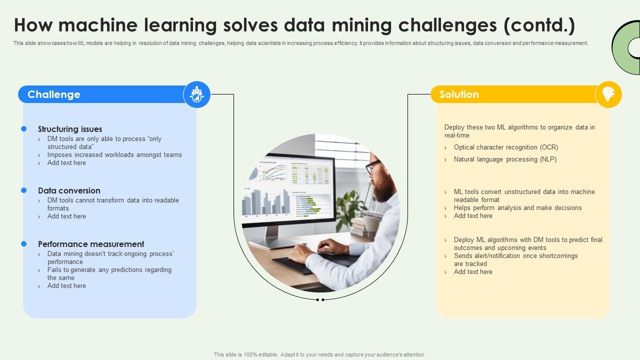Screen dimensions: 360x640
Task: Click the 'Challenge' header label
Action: pyautogui.click(x=54, y=94)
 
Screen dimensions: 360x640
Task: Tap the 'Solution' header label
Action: pyautogui.click(x=459, y=94)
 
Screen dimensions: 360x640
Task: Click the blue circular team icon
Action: pyautogui.click(x=196, y=94)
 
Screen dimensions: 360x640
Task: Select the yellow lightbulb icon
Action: pyautogui.click(x=608, y=94)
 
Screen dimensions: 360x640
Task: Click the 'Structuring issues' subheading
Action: pyautogui.click(x=70, y=129)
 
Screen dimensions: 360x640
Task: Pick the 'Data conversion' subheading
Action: pyautogui.click(x=69, y=190)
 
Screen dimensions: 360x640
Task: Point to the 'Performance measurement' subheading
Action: pyautogui.click(x=91, y=244)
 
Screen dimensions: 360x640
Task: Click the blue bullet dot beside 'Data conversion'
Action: pyautogui.click(x=23, y=190)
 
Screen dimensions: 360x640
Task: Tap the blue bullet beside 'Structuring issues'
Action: pyautogui.click(x=23, y=129)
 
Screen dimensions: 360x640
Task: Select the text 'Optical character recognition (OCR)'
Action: pyautogui.click(x=505, y=147)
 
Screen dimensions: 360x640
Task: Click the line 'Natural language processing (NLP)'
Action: pyautogui.click(x=505, y=159)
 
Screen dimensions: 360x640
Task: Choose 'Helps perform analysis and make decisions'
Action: pyautogui.click(x=517, y=208)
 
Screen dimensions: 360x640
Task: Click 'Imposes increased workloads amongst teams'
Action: pyautogui.click(x=114, y=155)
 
